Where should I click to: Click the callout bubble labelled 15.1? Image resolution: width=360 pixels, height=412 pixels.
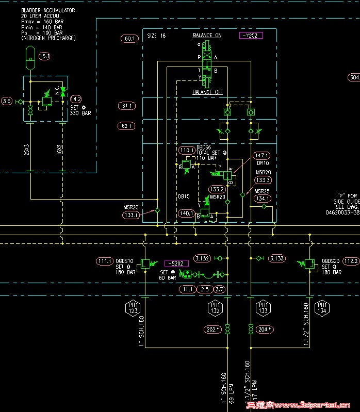pyautogui.click(x=44, y=56)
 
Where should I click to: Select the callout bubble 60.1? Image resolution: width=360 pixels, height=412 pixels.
pyautogui.click(x=129, y=38)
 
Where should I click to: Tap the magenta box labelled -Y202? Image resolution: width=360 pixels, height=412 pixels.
pyautogui.click(x=251, y=36)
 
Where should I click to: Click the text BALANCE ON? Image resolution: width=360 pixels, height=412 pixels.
pyautogui.click(x=207, y=36)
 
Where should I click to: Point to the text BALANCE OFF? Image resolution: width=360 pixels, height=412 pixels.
pyautogui.click(x=207, y=92)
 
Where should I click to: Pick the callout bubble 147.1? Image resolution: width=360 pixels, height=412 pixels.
pyautogui.click(x=263, y=155)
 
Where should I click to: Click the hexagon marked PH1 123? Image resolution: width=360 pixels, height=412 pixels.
pyautogui.click(x=133, y=308)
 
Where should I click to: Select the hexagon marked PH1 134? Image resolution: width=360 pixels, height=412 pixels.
pyautogui.click(x=323, y=308)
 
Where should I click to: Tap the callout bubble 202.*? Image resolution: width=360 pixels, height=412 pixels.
pyautogui.click(x=212, y=329)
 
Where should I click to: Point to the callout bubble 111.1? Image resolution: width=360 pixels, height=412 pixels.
pyautogui.click(x=104, y=261)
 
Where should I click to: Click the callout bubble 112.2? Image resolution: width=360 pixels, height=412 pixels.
pyautogui.click(x=351, y=261)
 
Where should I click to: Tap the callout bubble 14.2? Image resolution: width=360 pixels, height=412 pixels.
pyautogui.click(x=76, y=99)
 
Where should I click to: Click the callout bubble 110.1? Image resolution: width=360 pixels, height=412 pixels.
pyautogui.click(x=186, y=151)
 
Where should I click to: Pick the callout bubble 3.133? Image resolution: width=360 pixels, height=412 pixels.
pyautogui.click(x=277, y=258)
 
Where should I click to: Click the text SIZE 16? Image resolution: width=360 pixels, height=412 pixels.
pyautogui.click(x=156, y=36)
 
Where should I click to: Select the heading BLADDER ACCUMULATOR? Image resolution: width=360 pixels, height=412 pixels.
pyautogui.click(x=47, y=10)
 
